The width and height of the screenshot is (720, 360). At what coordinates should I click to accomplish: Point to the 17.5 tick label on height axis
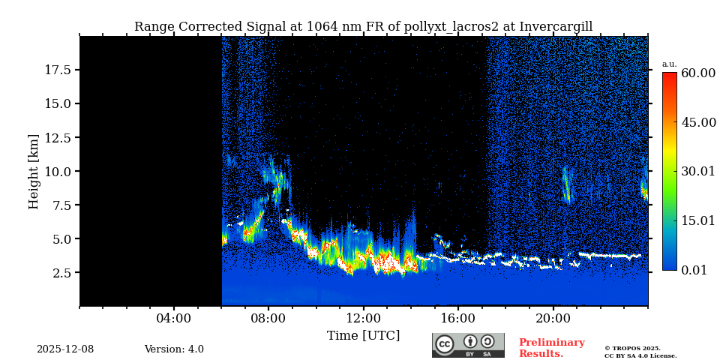tap(58, 70)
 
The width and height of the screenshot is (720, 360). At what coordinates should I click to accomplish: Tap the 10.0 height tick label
tap(58, 171)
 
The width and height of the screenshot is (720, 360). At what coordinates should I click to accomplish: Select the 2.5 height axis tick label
tap(61, 273)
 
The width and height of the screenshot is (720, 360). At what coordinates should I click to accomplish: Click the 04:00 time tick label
tap(174, 319)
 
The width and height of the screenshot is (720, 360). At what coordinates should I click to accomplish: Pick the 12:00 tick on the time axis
tap(364, 319)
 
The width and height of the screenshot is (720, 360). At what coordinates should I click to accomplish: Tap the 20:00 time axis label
tap(553, 319)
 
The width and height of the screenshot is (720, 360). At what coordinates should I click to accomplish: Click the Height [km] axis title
tap(34, 171)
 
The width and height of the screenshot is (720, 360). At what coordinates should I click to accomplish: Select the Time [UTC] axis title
tap(364, 336)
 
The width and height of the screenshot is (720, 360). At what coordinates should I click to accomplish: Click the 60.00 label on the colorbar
tap(698, 73)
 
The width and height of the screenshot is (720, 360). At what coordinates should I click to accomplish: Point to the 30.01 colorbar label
tap(698, 172)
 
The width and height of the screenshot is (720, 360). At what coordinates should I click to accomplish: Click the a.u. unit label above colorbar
tap(669, 64)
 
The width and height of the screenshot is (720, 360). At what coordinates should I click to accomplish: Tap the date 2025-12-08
tap(65, 349)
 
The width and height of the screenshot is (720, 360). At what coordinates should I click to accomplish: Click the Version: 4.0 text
tap(174, 349)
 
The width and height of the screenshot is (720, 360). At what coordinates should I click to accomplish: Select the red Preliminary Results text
tap(551, 348)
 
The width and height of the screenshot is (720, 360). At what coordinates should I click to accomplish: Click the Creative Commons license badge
tap(468, 345)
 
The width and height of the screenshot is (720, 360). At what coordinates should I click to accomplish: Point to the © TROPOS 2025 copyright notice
tap(633, 349)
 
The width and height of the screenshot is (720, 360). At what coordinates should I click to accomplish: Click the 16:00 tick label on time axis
tap(458, 319)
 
